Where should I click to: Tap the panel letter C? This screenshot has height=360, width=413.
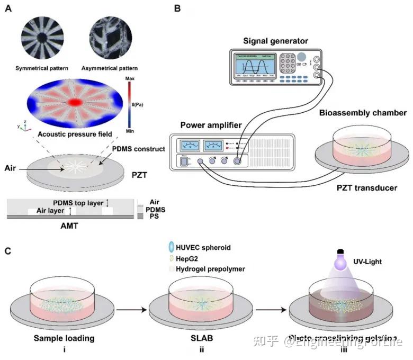pos(8,249)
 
